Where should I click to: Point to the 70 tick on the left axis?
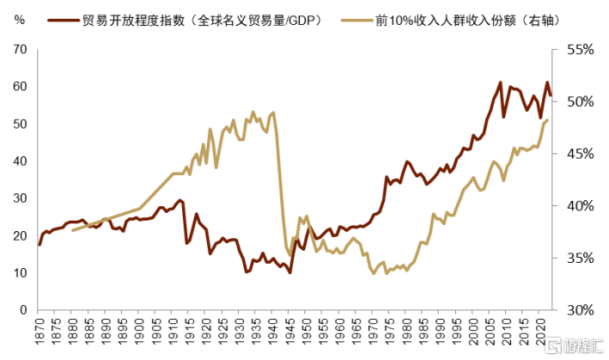pyautogui.click(x=20, y=50)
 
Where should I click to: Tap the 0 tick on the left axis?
pyautogui.click(x=23, y=309)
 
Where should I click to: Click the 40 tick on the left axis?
pyautogui.click(x=20, y=161)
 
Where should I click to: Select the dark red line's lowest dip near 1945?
pyautogui.click(x=290, y=272)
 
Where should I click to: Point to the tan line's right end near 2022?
pyautogui.click(x=548, y=120)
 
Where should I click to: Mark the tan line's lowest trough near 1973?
pyautogui.click(x=374, y=273)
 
